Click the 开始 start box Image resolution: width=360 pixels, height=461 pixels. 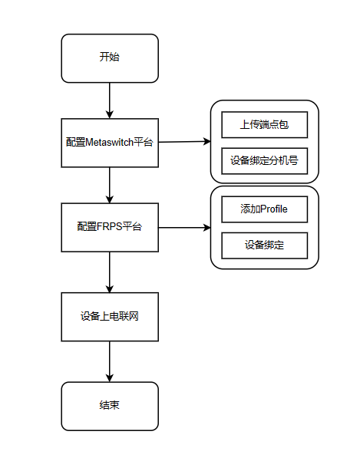(110, 58)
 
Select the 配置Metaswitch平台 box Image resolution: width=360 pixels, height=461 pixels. (110, 143)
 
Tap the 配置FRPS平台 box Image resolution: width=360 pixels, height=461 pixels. (110, 227)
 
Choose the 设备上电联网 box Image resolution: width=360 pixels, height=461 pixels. (110, 317)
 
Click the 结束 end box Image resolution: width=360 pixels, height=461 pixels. (110, 406)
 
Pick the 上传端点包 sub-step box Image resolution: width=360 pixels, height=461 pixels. (264, 125)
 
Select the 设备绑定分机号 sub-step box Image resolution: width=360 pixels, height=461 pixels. (264, 161)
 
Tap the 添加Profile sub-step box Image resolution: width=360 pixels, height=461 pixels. (264, 209)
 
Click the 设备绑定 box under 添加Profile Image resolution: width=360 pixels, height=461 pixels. (264, 245)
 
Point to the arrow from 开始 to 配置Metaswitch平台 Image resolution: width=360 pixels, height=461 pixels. (110, 100)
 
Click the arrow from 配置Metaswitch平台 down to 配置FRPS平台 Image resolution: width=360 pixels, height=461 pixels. (110, 185)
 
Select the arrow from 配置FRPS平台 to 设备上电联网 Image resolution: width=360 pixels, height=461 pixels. (110, 272)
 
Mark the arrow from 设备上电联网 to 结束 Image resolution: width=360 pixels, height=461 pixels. (110, 361)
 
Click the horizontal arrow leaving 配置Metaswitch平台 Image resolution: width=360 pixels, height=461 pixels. (185, 142)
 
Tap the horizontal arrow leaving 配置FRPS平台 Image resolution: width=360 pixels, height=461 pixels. (185, 227)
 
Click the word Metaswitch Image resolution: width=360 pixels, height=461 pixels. (110, 143)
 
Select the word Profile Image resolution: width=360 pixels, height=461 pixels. (273, 209)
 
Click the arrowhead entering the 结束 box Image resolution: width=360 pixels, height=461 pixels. (110, 378)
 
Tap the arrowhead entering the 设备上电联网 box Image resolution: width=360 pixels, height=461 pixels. (110, 289)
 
